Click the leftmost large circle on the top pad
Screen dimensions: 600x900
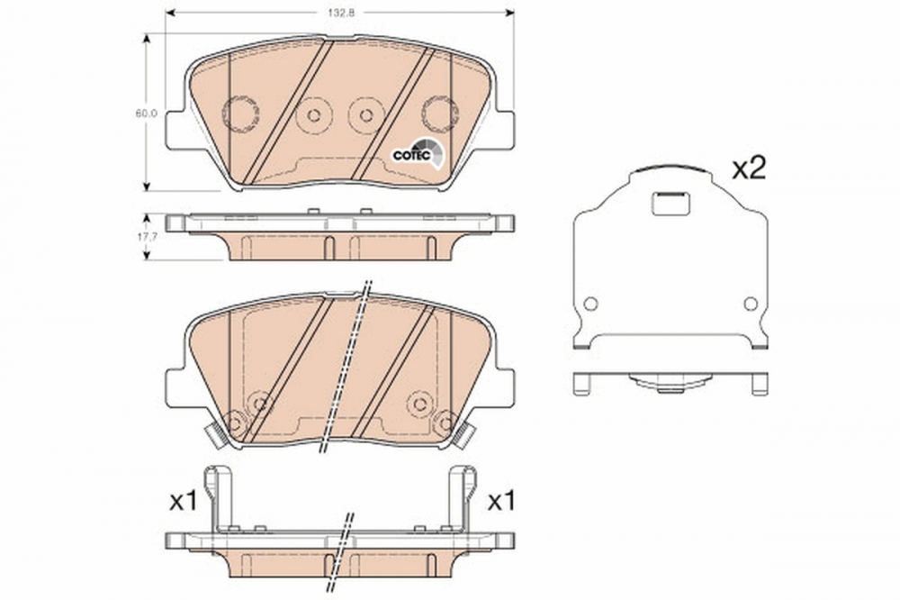click(239, 114)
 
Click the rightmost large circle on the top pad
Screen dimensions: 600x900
click(440, 114)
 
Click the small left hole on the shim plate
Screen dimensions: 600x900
click(590, 304)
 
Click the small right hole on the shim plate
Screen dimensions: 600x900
click(749, 304)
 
